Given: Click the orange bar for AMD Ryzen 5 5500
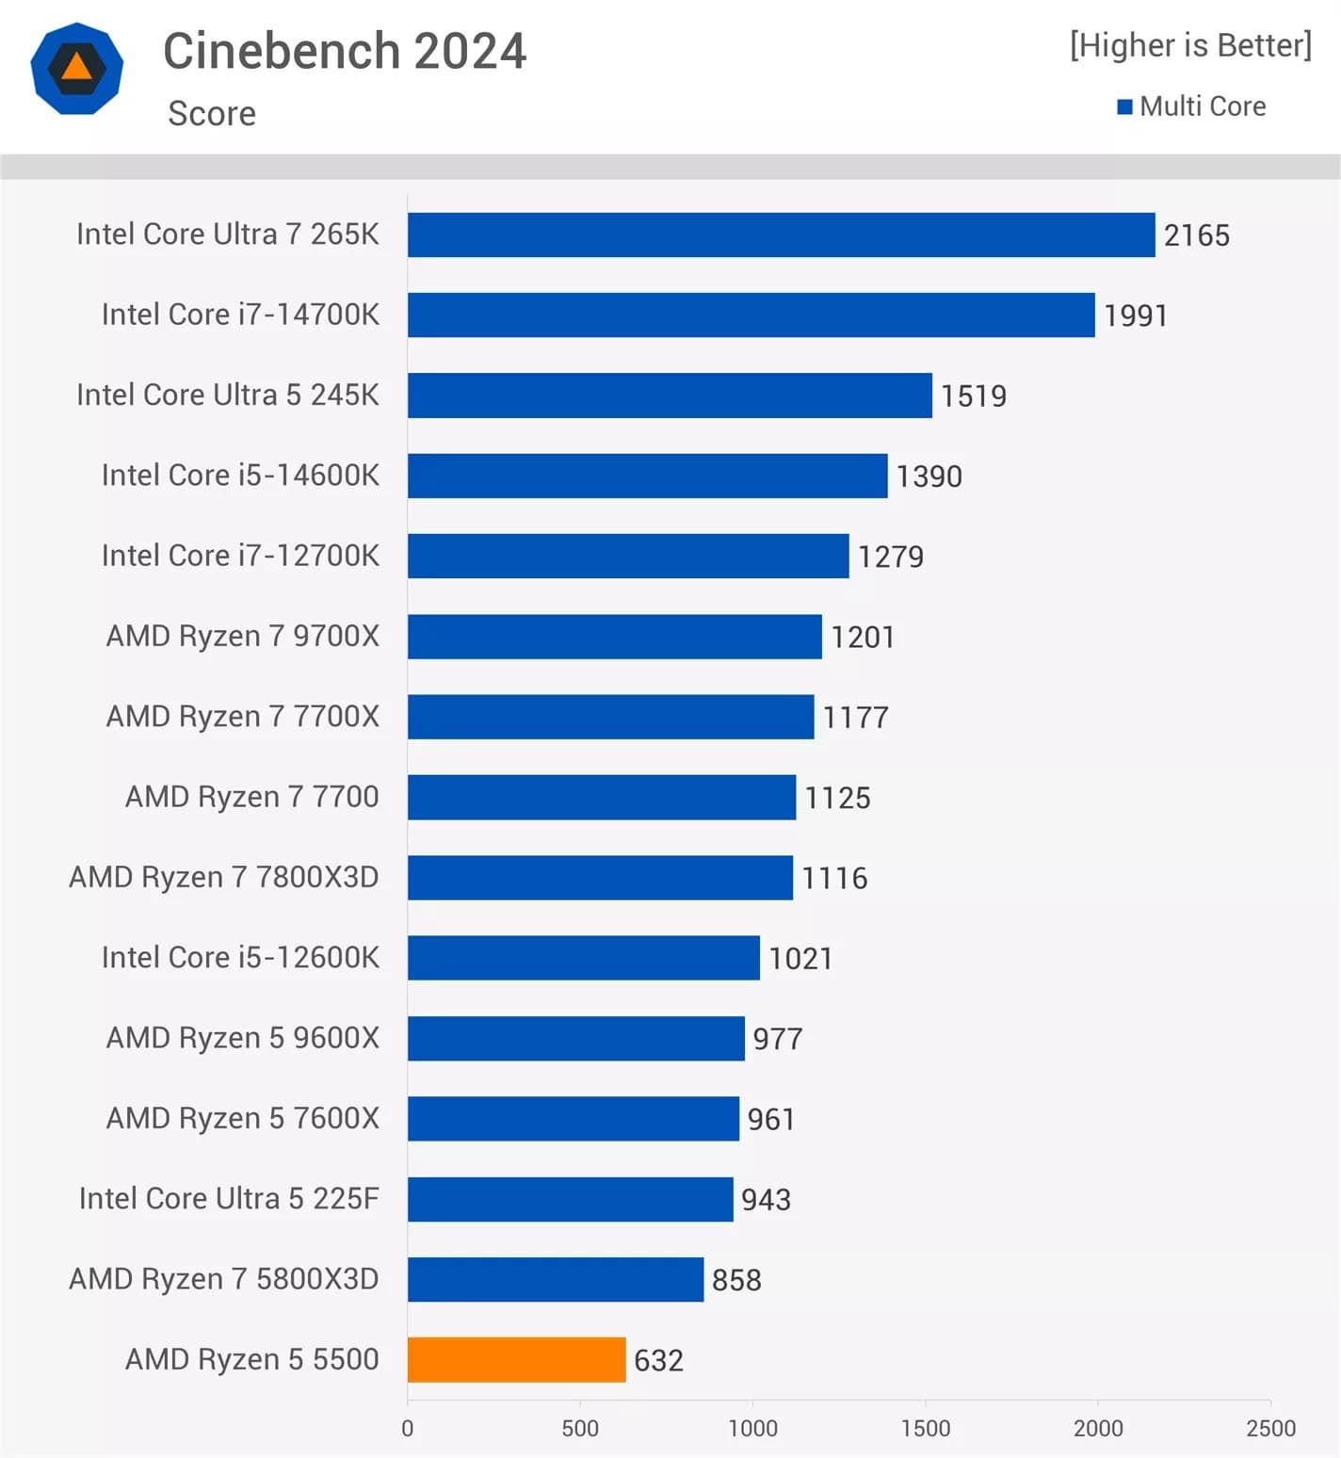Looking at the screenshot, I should point(516,1359).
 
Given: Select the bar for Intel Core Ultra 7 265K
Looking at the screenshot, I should point(781,235).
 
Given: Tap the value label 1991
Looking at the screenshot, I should point(1135,316).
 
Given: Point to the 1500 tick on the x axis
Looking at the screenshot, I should point(925,1428).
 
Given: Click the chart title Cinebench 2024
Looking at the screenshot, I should point(345,51).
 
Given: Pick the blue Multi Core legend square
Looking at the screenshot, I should point(1124,106).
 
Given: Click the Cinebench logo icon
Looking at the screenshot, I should point(76,69).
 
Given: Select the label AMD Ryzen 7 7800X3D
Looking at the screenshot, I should point(224,877).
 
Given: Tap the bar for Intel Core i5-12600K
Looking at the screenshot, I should point(583,957).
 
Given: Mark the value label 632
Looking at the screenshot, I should point(658,1360).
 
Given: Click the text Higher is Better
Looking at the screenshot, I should point(1190,45).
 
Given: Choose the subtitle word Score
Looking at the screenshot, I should point(212,114).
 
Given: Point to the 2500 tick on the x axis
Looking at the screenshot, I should point(1270,1428).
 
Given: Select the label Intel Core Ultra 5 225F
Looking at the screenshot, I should point(229,1198).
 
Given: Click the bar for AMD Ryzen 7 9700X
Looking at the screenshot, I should point(614,636).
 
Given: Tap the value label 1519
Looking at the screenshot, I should point(973,396).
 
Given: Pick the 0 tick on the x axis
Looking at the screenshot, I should point(408,1428).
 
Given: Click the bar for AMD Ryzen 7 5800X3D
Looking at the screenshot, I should point(556,1279).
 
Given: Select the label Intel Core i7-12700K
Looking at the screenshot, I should point(240,556).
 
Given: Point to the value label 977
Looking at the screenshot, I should point(777,1038).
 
